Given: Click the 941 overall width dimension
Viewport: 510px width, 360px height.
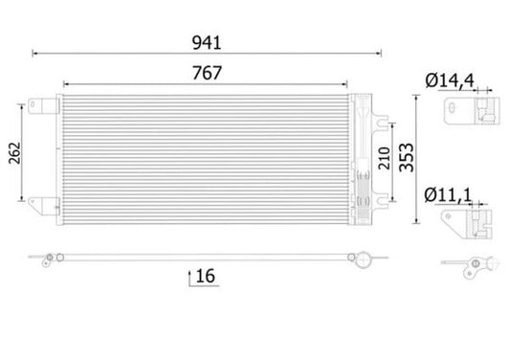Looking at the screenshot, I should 208,41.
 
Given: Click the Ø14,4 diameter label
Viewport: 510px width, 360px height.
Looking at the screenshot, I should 451,80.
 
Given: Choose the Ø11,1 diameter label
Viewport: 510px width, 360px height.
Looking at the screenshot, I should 450,195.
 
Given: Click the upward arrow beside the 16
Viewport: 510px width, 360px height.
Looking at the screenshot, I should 188,277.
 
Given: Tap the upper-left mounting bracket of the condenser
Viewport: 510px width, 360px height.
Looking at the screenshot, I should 39,106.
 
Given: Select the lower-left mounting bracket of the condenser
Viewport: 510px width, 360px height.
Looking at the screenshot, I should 39,205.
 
